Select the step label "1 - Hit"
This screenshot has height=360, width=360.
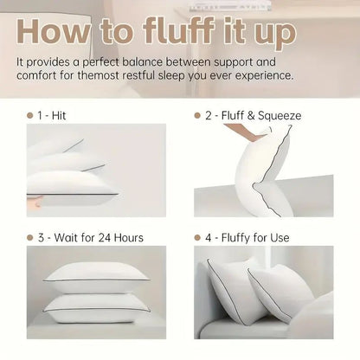[57, 114]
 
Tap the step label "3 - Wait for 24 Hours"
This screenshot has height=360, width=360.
[92, 237]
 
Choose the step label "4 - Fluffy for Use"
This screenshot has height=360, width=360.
[251, 237]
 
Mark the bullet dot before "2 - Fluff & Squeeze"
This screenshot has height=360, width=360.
[197, 114]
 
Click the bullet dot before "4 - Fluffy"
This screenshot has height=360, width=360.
[197, 237]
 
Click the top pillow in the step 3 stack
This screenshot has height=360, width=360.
[95, 273]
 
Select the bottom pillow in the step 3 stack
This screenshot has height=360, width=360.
[95, 303]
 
